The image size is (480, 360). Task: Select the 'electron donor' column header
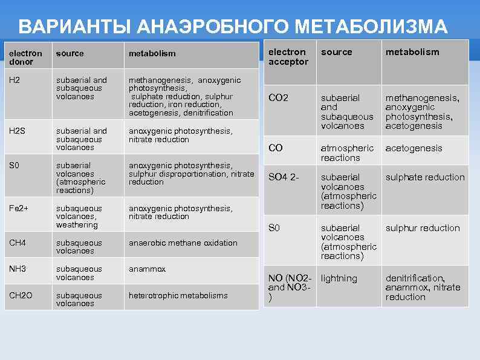pyautogui.click(x=25, y=57)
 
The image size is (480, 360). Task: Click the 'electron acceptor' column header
pyautogui.click(x=288, y=57)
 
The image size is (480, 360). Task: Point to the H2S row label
pyautogui.click(x=17, y=131)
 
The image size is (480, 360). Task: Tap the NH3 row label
pyautogui.click(x=17, y=269)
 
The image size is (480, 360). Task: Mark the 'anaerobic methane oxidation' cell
pyautogui.click(x=183, y=243)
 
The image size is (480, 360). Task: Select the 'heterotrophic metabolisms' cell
pyautogui.click(x=178, y=295)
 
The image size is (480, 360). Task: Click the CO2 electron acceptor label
pyautogui.click(x=279, y=97)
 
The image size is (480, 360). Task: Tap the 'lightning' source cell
pyautogui.click(x=339, y=278)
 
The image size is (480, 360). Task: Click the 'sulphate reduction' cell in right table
pyautogui.click(x=425, y=177)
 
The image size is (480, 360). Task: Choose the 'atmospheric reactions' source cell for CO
pyautogui.click(x=347, y=152)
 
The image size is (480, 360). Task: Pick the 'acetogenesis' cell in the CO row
pyautogui.click(x=414, y=148)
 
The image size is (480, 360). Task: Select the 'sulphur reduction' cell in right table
pyautogui.click(x=423, y=227)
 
